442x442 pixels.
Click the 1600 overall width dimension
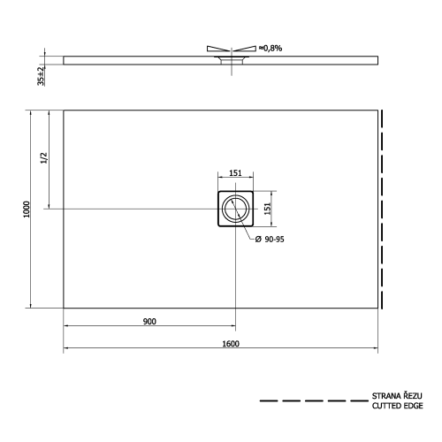point(232,344)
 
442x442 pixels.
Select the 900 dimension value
point(149,321)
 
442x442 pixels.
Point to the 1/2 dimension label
point(44,158)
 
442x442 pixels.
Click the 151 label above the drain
point(236,174)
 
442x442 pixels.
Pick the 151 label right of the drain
point(268,209)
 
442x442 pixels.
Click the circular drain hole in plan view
point(236,210)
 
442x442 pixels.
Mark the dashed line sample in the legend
point(313,401)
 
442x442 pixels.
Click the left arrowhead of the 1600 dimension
point(66,349)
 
